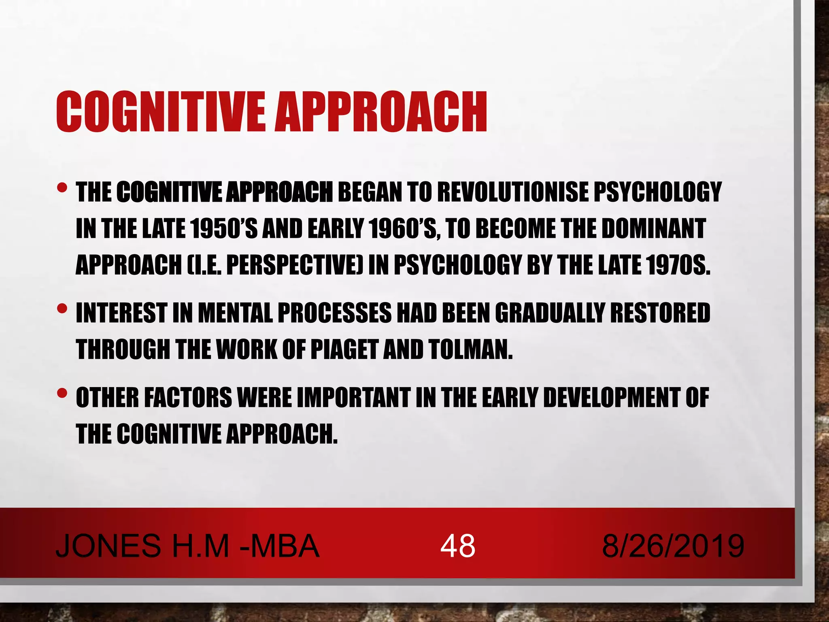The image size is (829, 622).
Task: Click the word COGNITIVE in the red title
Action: [162, 112]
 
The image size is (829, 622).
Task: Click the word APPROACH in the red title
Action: [381, 112]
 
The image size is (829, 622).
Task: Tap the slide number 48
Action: [457, 546]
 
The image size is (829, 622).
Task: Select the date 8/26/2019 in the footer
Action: [673, 546]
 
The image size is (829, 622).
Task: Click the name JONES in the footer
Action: [108, 546]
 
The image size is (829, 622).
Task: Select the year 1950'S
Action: [223, 228]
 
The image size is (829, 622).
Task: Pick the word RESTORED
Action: [660, 313]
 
